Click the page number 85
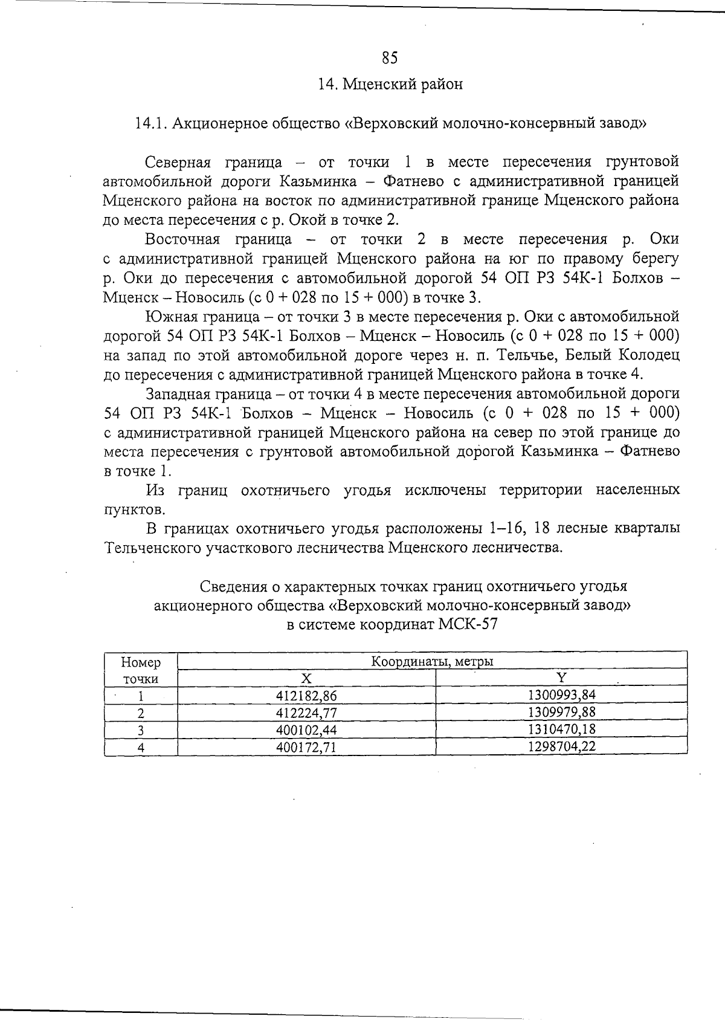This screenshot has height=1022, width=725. click(390, 57)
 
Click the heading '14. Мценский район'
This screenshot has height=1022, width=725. click(390, 84)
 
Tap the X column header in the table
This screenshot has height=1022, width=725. click(306, 678)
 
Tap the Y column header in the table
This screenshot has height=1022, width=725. click(561, 678)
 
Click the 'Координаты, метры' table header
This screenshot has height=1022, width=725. click(432, 661)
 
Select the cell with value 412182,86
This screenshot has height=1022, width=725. click(306, 696)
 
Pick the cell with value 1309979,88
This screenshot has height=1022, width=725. click(561, 712)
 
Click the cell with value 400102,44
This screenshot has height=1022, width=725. click(306, 729)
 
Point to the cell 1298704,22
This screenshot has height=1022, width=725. click(561, 746)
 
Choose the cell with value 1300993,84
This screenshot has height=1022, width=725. click(561, 695)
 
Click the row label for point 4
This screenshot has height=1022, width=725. click(141, 747)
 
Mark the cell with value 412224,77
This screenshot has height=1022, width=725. click(306, 713)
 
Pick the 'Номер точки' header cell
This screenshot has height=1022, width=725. click(141, 670)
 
